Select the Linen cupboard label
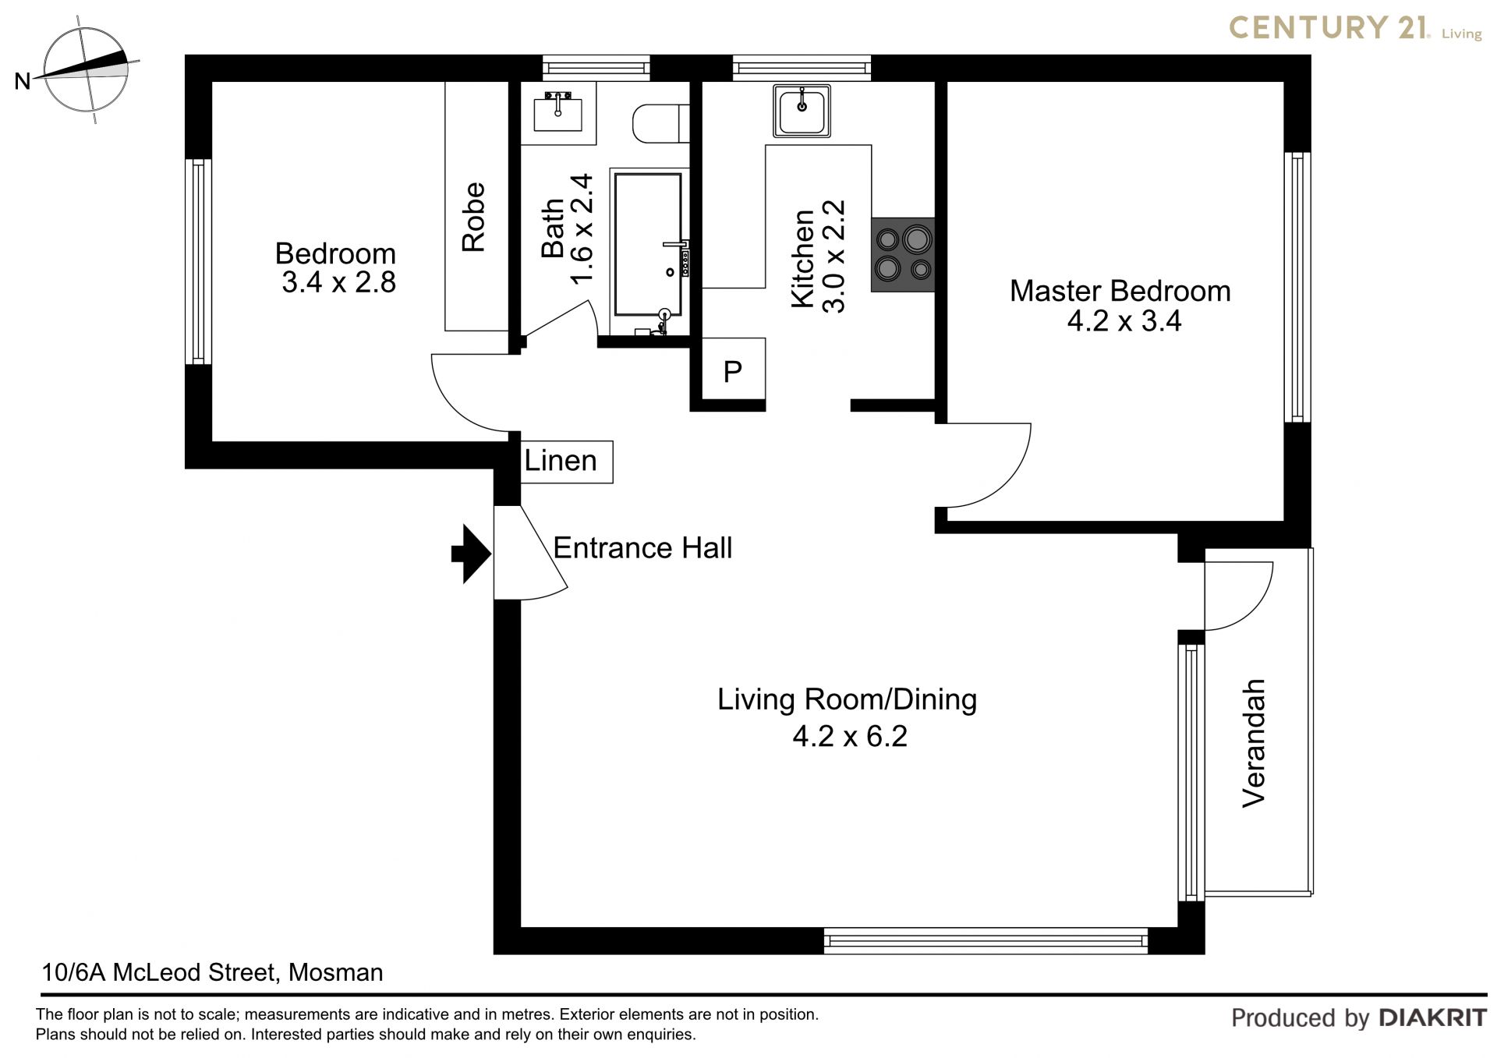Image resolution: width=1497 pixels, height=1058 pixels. pyautogui.click(x=561, y=461)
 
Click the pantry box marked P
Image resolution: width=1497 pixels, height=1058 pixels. pyautogui.click(x=732, y=370)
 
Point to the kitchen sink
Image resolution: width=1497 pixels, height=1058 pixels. pyautogui.click(x=802, y=110)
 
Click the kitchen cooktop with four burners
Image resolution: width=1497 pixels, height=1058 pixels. pyautogui.click(x=903, y=255)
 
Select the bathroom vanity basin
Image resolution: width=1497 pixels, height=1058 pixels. pyautogui.click(x=558, y=111)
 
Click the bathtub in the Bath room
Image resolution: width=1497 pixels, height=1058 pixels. pyautogui.click(x=649, y=253)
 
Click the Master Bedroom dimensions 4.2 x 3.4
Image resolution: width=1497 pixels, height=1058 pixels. pyautogui.click(x=1124, y=321)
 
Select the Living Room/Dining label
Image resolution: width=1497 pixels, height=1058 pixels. pyautogui.click(x=847, y=700)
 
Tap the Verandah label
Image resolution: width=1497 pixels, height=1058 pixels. pyautogui.click(x=1253, y=743)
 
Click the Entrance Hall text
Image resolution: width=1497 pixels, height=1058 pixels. pyautogui.click(x=642, y=548)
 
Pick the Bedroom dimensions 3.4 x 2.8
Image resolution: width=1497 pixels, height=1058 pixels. pyautogui.click(x=338, y=282)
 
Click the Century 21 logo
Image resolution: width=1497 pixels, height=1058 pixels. pyautogui.click(x=1355, y=28)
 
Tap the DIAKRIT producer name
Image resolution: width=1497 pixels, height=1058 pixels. pyautogui.click(x=1433, y=1017)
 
